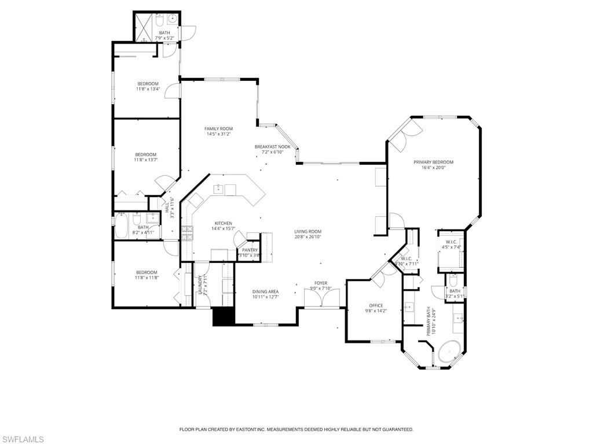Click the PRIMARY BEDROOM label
point(433,162)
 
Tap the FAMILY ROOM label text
point(218,128)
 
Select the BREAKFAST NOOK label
point(272,147)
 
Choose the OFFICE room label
point(376,305)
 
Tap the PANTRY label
point(250,250)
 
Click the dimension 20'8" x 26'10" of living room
point(308,236)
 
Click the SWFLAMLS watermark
point(23,440)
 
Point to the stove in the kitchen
point(187,232)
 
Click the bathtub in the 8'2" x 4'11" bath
point(121,227)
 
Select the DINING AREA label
point(265,291)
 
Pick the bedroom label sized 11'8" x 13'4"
point(148,84)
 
